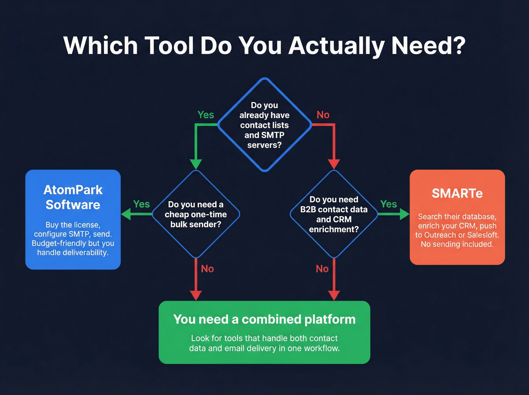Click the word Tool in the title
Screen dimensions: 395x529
pyautogui.click(x=169, y=46)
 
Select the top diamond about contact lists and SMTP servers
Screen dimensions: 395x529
pyautogui.click(x=264, y=125)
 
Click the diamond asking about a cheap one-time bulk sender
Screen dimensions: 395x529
pyautogui.click(x=196, y=214)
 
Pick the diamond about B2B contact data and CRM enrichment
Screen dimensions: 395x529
pyautogui.click(x=334, y=214)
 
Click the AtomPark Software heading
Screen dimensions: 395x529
pyautogui.click(x=73, y=197)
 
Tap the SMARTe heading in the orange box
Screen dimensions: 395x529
pyautogui.click(x=457, y=194)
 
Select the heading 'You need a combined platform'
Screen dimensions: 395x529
pyautogui.click(x=264, y=319)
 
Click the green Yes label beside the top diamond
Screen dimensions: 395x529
pyautogui.click(x=206, y=115)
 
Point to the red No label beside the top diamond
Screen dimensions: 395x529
pyautogui.click(x=323, y=115)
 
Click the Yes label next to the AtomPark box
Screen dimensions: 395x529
pyautogui.click(x=141, y=204)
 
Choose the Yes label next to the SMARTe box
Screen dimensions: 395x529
pyautogui.click(x=388, y=204)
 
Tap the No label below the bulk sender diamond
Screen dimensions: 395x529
pyautogui.click(x=207, y=269)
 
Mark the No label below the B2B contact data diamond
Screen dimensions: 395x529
pyautogui.click(x=322, y=269)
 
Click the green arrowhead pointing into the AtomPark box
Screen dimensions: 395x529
pyautogui.click(x=126, y=214)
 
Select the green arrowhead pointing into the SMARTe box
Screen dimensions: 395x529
pyautogui.click(x=404, y=214)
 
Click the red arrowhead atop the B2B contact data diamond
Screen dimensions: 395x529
pyautogui.click(x=334, y=164)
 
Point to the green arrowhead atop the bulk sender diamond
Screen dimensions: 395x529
pyautogui.click(x=196, y=164)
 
